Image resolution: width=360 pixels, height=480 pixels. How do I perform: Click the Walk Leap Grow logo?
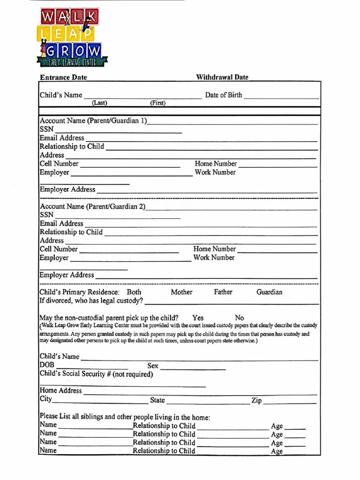71,37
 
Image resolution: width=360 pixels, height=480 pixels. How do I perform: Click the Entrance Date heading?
63,77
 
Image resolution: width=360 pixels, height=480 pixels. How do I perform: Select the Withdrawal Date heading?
222,77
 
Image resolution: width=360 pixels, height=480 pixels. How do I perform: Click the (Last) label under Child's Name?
99,103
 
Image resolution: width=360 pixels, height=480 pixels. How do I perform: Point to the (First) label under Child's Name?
157,103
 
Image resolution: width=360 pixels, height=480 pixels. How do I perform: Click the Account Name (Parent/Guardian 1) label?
93,121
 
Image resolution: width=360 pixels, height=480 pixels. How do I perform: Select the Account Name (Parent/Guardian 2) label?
92,207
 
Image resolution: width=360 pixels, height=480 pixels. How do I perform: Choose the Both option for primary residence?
134,292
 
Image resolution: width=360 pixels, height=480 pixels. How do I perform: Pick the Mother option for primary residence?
181,292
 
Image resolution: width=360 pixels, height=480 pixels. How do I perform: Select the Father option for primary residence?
223,292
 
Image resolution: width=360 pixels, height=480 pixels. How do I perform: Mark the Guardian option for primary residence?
270,292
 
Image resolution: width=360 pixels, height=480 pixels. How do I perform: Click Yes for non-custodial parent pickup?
198,318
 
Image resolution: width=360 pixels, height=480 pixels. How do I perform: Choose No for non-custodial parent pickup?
240,318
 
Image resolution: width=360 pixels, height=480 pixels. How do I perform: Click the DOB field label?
47,365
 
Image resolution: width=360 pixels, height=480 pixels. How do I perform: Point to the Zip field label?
256,401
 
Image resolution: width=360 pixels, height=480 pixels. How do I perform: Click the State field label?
157,400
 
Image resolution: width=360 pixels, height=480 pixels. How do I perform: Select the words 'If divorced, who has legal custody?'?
91,301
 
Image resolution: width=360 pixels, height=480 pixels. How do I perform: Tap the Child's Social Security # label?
96,374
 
